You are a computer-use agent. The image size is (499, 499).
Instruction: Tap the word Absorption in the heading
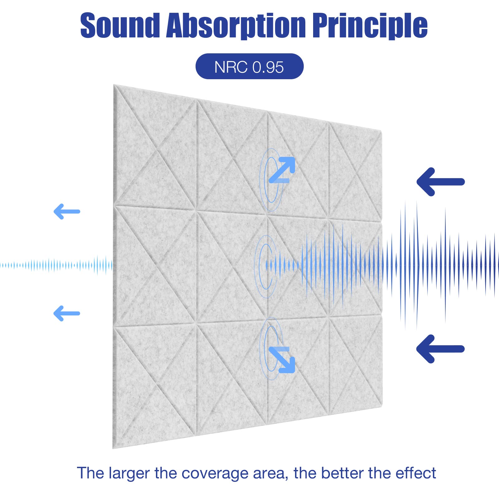236,27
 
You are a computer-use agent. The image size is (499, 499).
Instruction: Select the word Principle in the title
370,27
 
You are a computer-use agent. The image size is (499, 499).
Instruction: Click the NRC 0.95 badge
249,66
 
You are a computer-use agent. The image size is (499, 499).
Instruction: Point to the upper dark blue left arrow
440,182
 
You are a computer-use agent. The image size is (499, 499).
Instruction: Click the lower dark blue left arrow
440,349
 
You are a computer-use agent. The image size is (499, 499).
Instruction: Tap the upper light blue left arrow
67,212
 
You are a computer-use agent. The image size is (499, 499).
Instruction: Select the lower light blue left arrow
67,313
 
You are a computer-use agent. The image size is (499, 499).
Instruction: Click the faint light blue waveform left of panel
56,265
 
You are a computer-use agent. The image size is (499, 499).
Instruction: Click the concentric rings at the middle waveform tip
265,266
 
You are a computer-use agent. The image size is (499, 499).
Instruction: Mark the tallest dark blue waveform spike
417,265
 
